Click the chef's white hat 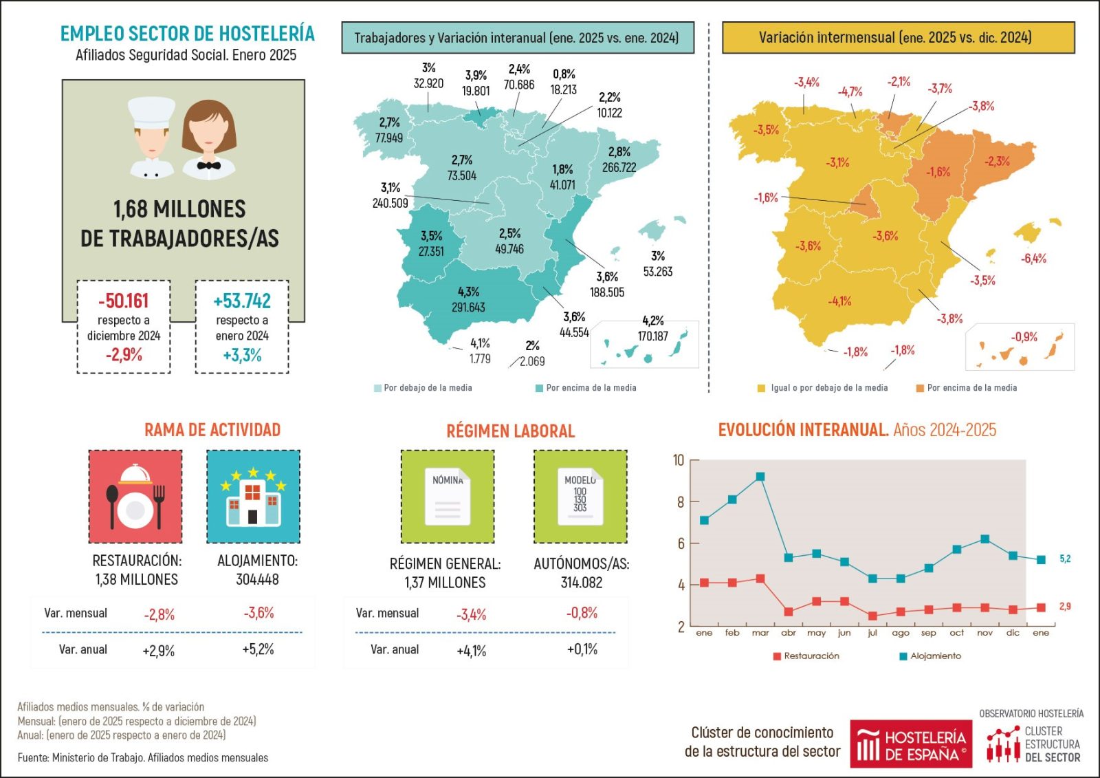(x=152, y=111)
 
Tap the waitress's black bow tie (x=208, y=165)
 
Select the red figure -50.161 (x=124, y=301)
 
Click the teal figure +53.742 (x=242, y=301)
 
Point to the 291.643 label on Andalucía (x=468, y=307)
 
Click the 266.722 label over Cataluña (x=619, y=167)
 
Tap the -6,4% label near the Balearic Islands (x=1033, y=259)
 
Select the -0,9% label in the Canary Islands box (x=1024, y=337)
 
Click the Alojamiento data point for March (x=760, y=477)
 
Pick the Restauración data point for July (x=872, y=616)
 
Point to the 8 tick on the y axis (x=680, y=502)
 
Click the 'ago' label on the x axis (x=900, y=633)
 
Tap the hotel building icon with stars (x=253, y=497)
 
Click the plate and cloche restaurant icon (x=135, y=497)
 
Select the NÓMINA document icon (x=448, y=497)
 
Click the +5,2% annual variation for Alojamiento (x=258, y=649)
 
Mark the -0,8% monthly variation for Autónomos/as (x=582, y=613)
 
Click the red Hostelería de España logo (x=910, y=744)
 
